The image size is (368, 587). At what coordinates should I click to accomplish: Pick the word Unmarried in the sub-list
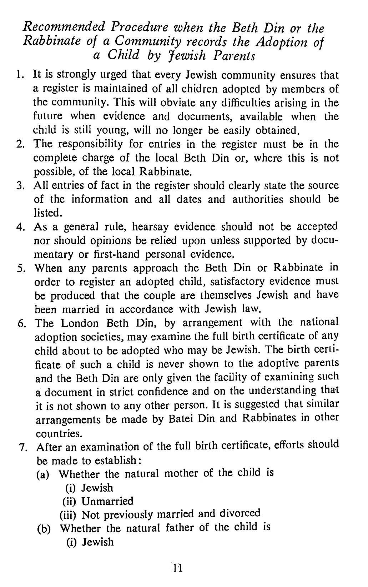(107, 501)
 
